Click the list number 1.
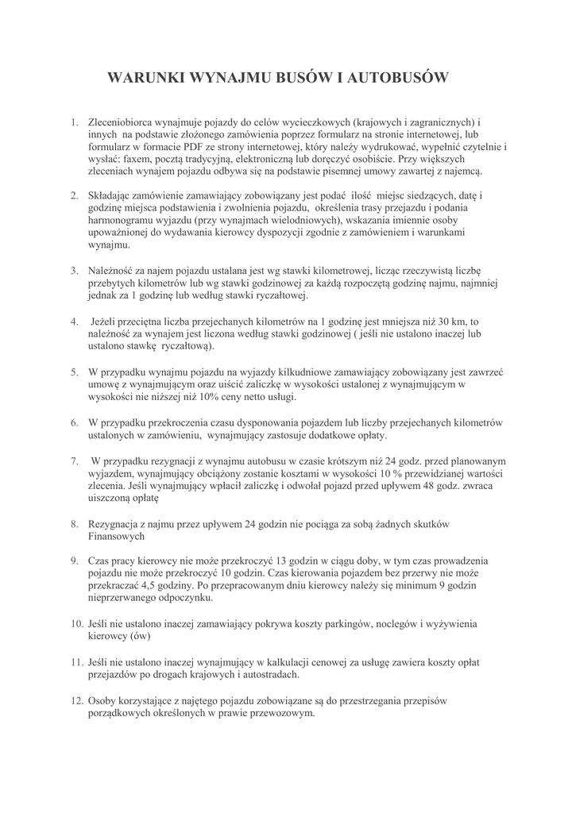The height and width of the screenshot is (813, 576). coord(73,123)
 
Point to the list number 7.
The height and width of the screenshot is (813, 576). coord(73,461)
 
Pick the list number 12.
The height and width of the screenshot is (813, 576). coord(77,700)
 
